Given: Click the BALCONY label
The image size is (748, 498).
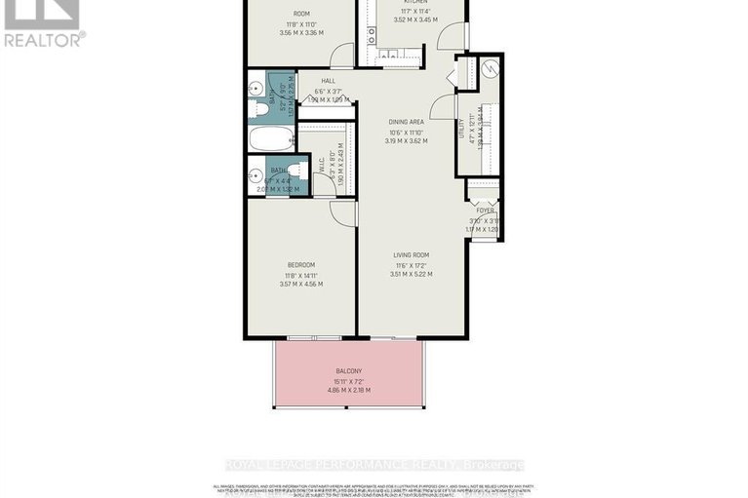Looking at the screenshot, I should coord(348,371).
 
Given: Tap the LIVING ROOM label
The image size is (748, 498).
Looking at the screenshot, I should coord(411,255).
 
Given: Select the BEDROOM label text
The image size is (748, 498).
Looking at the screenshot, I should coord(300,265).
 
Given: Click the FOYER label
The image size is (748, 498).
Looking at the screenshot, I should coord(485,211).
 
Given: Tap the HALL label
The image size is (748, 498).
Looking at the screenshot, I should coord(315,82).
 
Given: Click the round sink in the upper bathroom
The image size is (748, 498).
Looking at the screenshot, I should coord(255,86).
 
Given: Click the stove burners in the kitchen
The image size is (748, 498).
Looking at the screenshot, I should coord(373,35).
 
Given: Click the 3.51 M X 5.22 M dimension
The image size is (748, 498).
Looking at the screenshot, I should coord(411,274).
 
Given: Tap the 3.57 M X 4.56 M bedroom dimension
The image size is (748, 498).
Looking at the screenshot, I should coord(300,285).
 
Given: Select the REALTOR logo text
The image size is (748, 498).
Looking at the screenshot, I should coord(43,39).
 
